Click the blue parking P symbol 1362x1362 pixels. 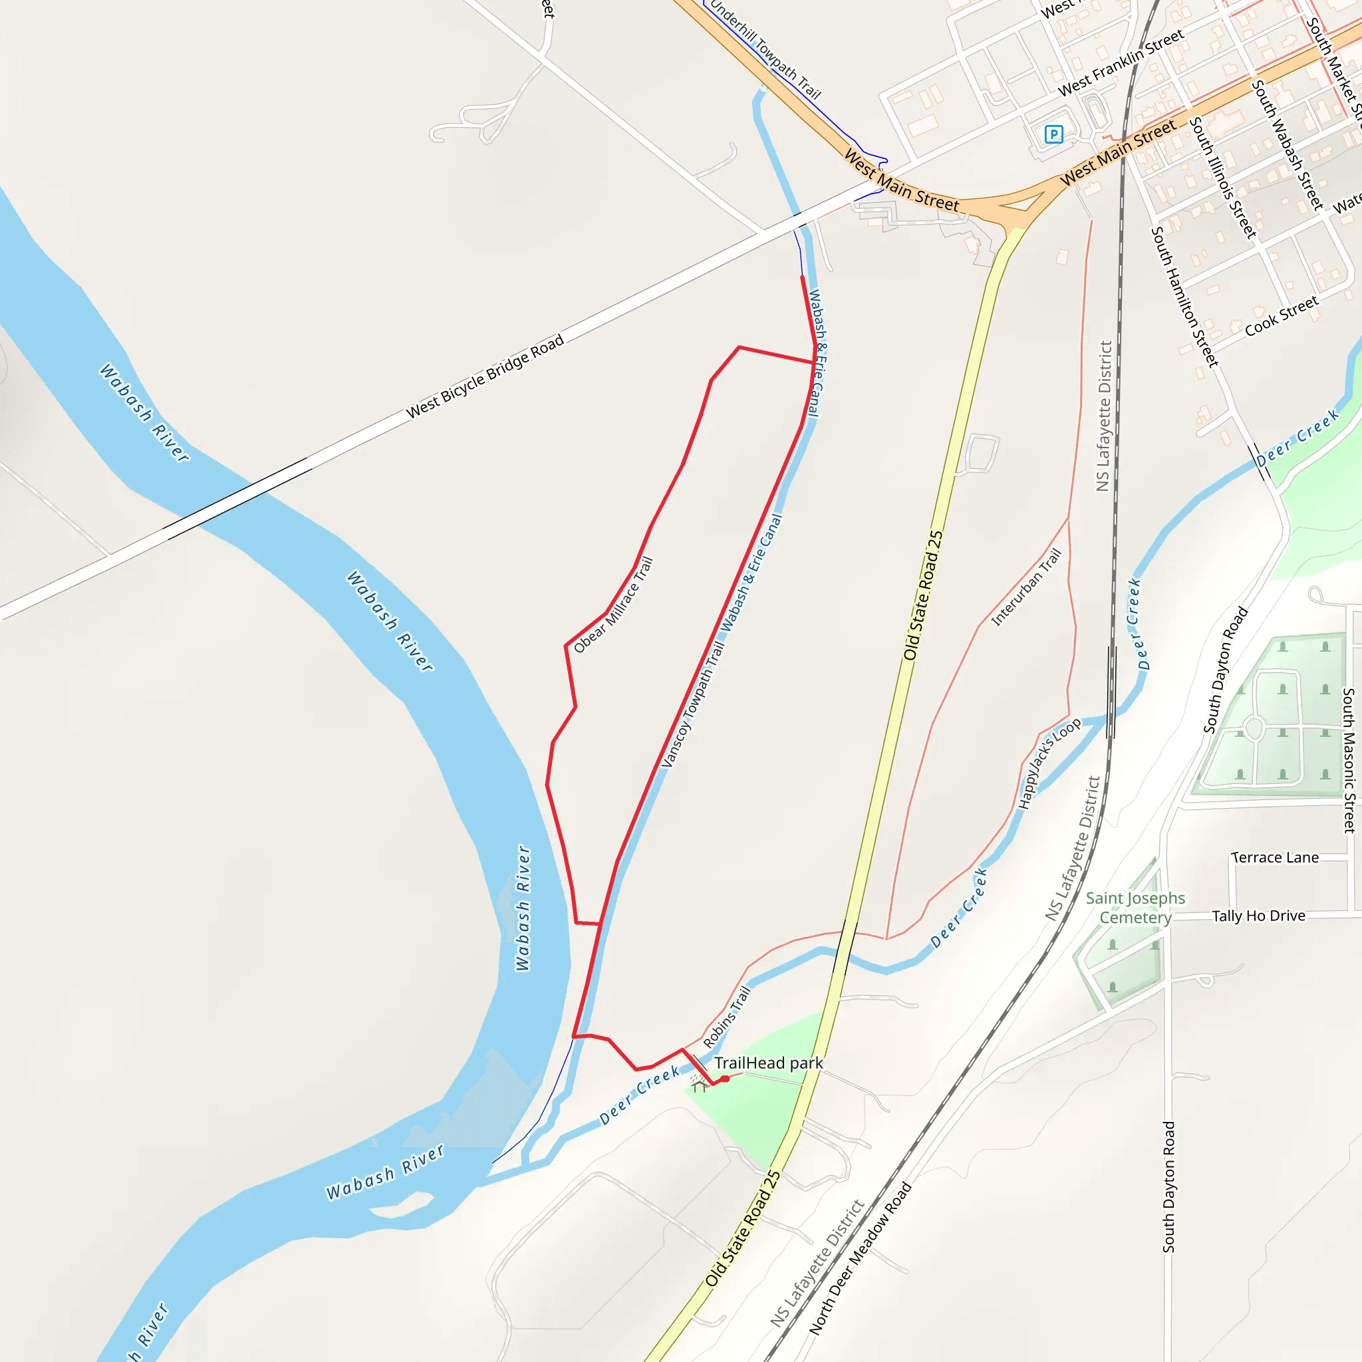coord(1053,134)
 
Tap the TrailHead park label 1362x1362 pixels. coord(768,1063)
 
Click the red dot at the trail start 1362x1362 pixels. coord(726,1079)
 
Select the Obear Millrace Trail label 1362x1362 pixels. coord(613,605)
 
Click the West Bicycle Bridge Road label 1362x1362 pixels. coord(485,376)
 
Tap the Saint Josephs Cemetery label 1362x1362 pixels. coord(1135,908)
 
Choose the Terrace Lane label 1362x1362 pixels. coord(1275,857)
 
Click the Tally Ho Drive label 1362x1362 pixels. coord(1258,916)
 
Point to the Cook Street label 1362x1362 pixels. coord(1281,317)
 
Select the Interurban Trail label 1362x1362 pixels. coord(1025,588)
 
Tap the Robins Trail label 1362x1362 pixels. coord(727,1016)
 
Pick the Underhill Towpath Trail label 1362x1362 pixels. coord(765,49)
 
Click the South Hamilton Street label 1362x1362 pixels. coord(1184,296)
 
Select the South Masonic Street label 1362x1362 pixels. coord(1349,761)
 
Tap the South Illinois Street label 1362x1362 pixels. coord(1223,178)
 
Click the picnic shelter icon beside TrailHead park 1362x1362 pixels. coord(699,1085)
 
